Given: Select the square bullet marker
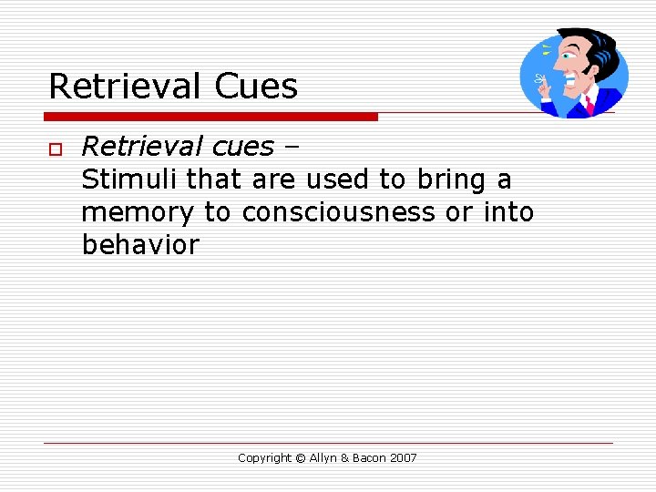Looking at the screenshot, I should pos(54,149).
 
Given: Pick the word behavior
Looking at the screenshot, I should pos(139,245).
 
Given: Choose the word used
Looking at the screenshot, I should pos(338,179).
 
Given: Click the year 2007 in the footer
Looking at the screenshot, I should pos(403,458).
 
